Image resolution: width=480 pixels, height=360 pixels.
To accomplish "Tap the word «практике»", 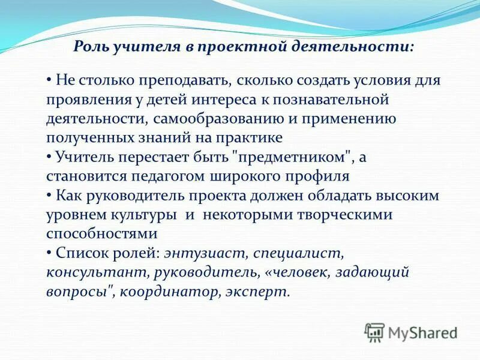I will tap(248, 137).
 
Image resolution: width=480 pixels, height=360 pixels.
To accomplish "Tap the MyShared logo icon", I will tap(374, 331).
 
